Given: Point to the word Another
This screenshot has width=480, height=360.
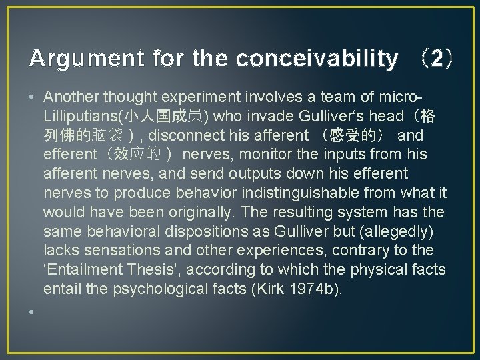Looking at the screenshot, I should click(x=73, y=97).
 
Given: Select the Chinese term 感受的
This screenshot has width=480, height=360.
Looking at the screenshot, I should click(x=357, y=135).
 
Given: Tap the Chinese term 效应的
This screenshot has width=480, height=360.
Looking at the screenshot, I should click(x=137, y=155).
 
